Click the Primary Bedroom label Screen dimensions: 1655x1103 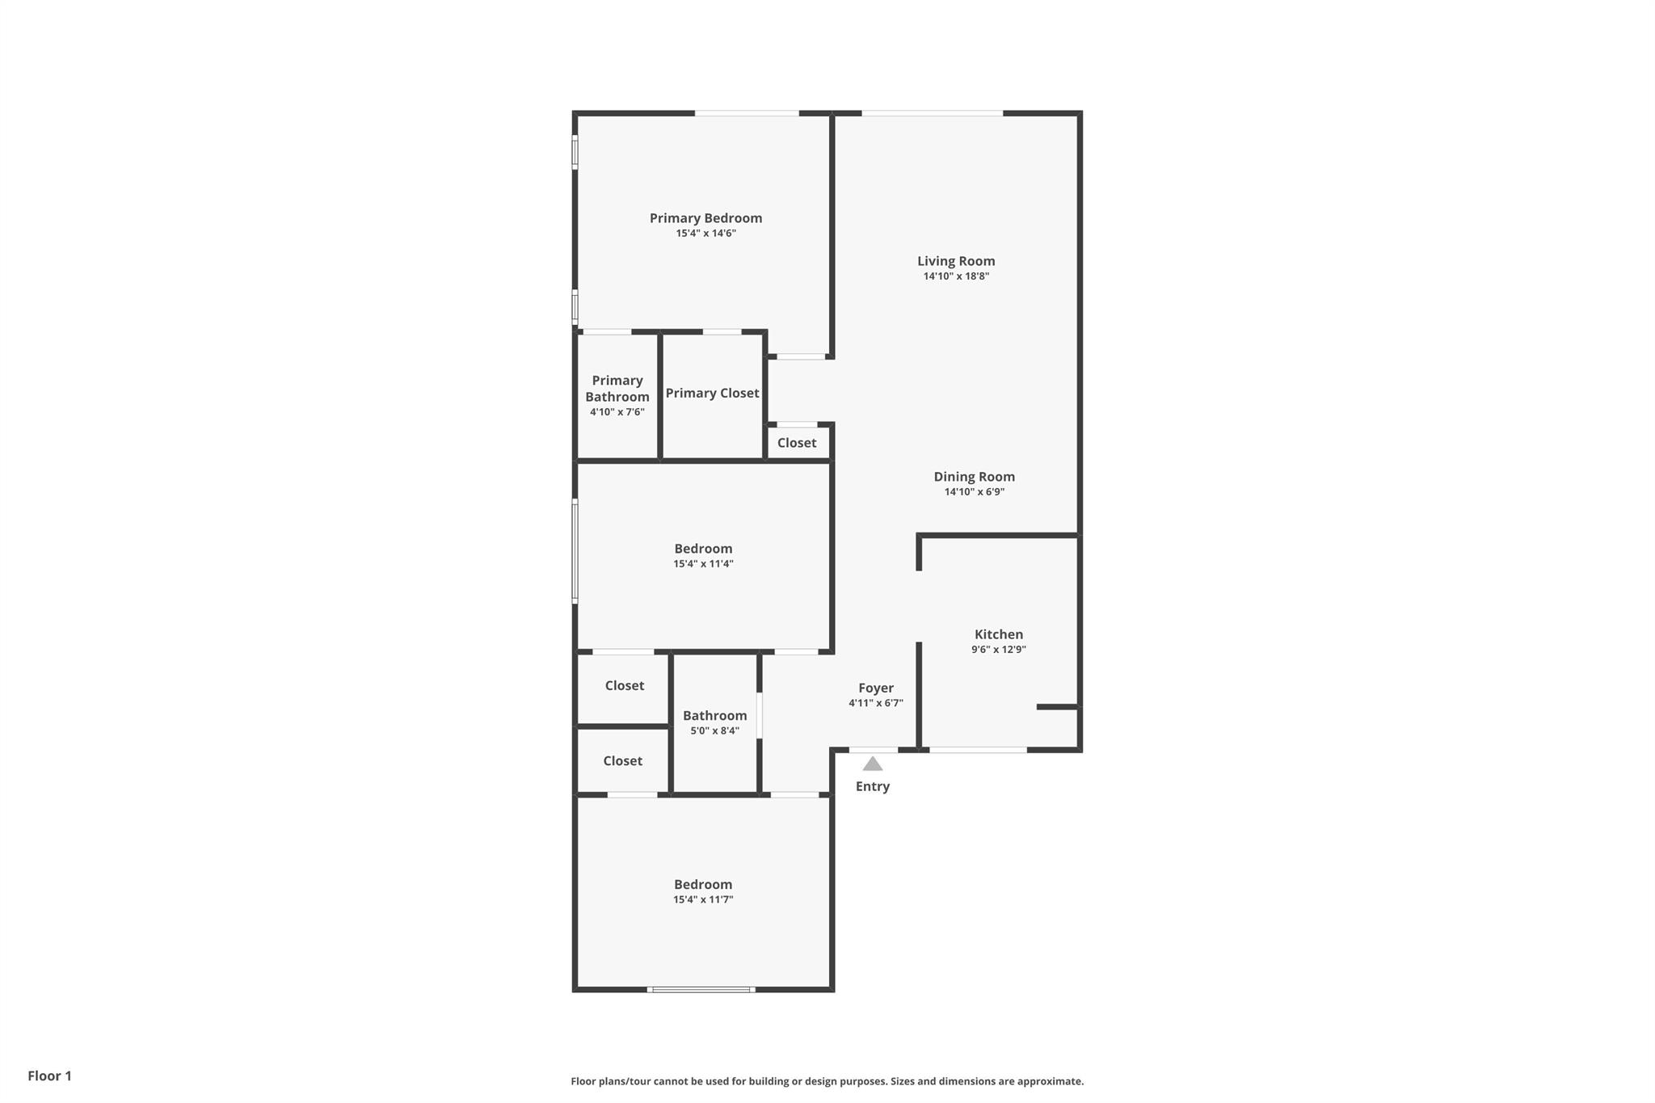pos(705,218)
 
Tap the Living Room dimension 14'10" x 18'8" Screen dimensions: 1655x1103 pos(956,276)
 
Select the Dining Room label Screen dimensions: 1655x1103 pos(974,477)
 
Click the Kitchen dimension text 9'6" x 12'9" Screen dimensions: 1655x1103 pos(999,650)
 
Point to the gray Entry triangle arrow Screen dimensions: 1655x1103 pos(872,764)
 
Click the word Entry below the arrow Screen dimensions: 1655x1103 pos(873,786)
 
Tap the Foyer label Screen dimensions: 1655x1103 pos(876,688)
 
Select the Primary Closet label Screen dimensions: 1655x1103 pos(712,394)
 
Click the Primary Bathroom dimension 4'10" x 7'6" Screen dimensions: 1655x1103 pos(617,412)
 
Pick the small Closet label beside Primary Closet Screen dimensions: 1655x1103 pos(797,443)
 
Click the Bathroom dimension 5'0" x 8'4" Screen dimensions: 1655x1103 pos(714,731)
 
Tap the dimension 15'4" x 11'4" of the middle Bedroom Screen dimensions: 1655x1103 pos(703,564)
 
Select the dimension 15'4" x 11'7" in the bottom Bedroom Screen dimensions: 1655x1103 pos(703,900)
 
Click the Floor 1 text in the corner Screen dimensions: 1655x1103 pos(50,1076)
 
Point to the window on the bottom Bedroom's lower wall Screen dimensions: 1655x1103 pos(701,989)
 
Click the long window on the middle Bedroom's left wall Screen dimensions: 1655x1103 pos(575,551)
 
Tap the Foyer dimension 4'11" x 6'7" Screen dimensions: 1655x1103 pos(876,704)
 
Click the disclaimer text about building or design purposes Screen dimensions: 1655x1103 pos(827,1081)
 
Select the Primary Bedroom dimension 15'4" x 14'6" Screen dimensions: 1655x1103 pos(706,234)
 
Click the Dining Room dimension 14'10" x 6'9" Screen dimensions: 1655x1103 pos(975,492)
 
